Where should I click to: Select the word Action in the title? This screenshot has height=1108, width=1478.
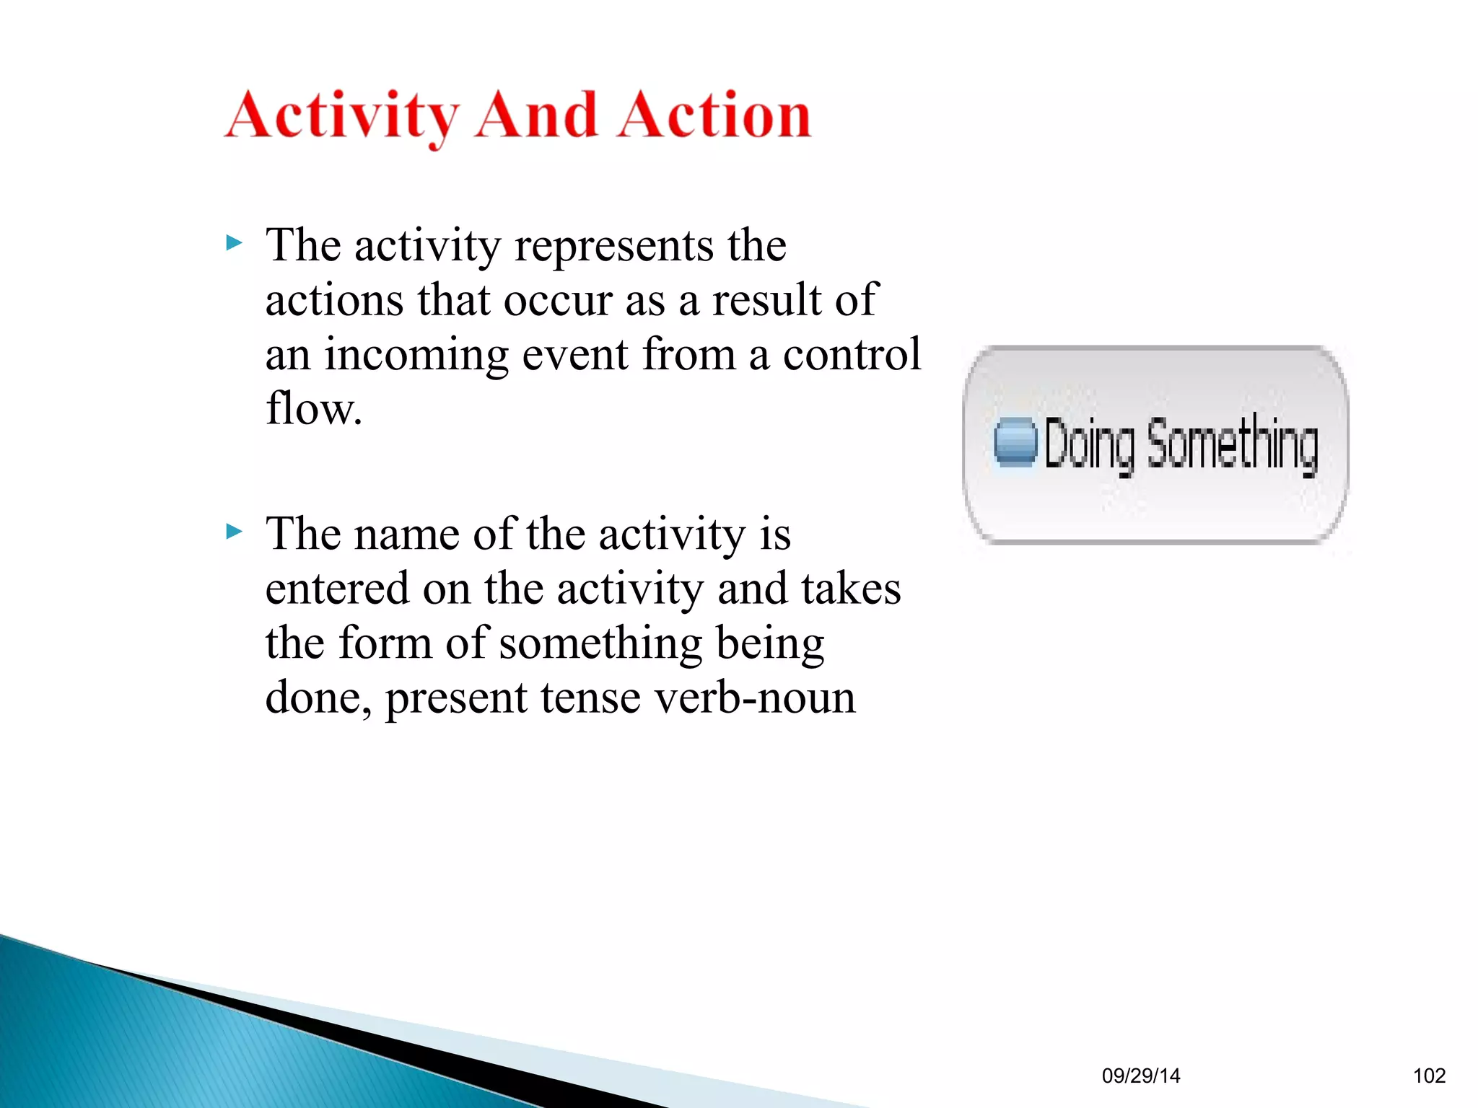pos(714,115)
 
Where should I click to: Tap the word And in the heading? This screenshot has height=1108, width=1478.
pos(537,115)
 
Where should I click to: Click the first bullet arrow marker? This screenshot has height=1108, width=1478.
pos(234,243)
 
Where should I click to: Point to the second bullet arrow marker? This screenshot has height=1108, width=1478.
pos(234,532)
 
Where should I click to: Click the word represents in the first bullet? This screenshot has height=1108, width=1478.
pos(614,247)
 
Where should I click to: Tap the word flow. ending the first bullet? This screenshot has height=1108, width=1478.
pos(314,409)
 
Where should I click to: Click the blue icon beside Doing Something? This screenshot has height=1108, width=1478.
pos(1015,441)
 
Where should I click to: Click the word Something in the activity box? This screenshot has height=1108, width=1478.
pos(1233,444)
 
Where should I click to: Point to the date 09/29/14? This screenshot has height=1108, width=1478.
pos(1141,1076)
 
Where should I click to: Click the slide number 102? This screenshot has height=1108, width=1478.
pos(1429,1076)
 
